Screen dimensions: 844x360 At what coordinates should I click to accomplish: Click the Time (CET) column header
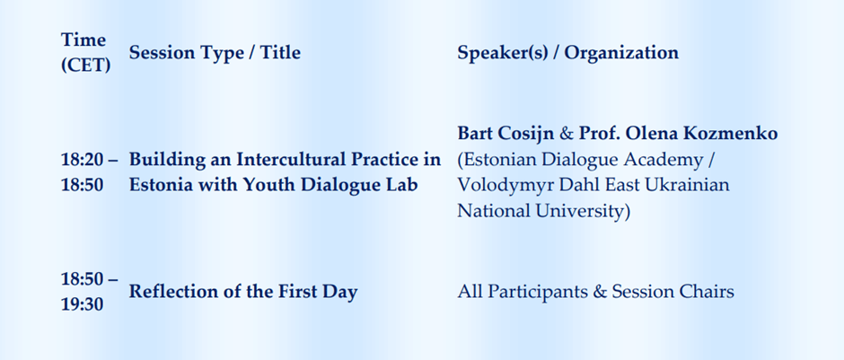coord(85,52)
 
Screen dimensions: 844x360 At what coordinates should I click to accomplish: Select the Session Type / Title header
coord(215,53)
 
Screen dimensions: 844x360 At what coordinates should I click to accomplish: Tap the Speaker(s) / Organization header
coord(567,53)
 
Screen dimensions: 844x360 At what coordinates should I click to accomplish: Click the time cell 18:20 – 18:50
coord(89,172)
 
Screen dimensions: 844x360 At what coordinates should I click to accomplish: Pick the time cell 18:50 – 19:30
coord(89,292)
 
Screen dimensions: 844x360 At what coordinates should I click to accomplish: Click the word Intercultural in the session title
coord(305,159)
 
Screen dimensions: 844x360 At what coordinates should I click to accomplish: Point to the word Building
coord(165,160)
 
